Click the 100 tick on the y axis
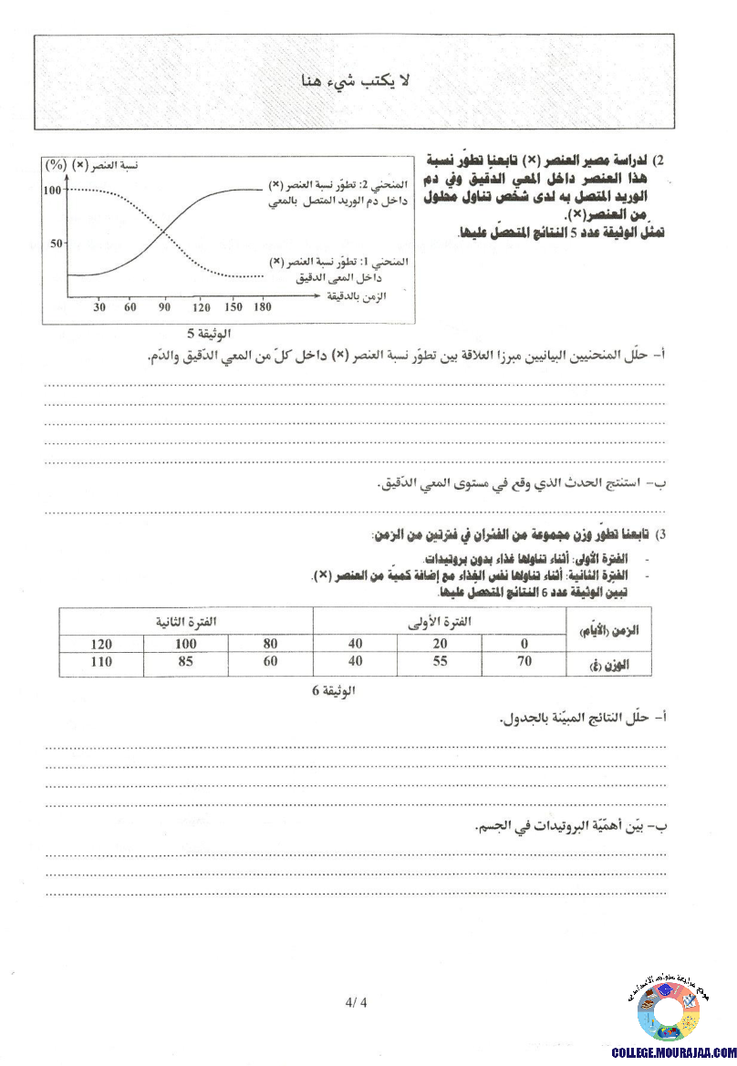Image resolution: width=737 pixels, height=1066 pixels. point(52,191)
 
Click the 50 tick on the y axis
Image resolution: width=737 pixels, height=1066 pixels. point(57,243)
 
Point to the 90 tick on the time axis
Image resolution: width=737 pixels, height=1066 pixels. point(164,307)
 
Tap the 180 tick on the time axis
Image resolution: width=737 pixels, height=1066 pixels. point(263,307)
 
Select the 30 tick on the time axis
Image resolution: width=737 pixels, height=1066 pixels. point(99,307)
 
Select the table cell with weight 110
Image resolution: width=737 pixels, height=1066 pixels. point(102,661)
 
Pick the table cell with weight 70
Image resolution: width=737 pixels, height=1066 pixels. point(524,661)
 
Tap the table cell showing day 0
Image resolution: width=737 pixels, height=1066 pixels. point(524,644)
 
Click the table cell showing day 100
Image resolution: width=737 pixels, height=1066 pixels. point(185,644)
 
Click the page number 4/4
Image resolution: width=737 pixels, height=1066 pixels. point(355,1004)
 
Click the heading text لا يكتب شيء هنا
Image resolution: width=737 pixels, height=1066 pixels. point(357,82)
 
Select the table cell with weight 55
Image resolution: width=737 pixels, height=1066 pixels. point(440,661)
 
